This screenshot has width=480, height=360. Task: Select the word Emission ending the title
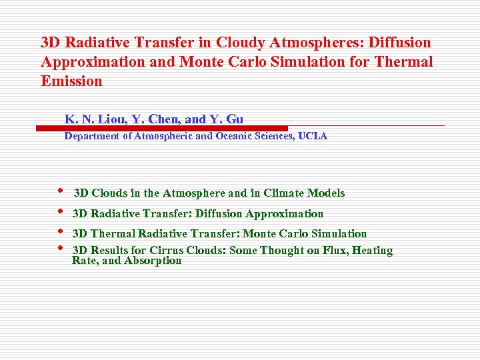click(71, 81)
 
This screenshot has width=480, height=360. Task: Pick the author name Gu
click(235, 119)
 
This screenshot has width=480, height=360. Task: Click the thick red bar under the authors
click(173, 128)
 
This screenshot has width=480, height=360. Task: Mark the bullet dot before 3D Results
click(60, 249)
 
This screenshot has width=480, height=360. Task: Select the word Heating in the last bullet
click(372, 251)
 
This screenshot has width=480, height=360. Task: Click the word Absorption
click(153, 261)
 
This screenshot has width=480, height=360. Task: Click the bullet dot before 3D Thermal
click(60, 232)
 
